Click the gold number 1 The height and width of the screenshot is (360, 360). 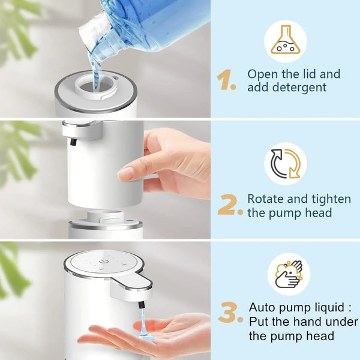226,80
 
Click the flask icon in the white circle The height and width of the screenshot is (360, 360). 285,40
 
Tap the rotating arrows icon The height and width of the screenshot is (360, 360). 285,164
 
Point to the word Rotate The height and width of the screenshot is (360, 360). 268,199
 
